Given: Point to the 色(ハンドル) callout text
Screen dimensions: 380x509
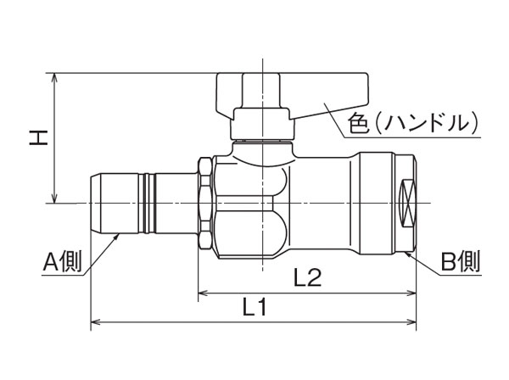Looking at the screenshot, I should tap(410, 123).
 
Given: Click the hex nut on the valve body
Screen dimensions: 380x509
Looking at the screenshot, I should tap(206, 204).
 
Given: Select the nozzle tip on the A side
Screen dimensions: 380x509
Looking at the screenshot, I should tap(101, 204).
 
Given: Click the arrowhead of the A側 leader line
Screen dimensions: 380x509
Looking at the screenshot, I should tap(116, 239).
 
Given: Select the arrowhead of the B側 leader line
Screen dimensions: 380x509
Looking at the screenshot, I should tap(411, 252).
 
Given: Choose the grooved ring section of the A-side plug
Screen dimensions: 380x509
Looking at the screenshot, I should tap(149, 204).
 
